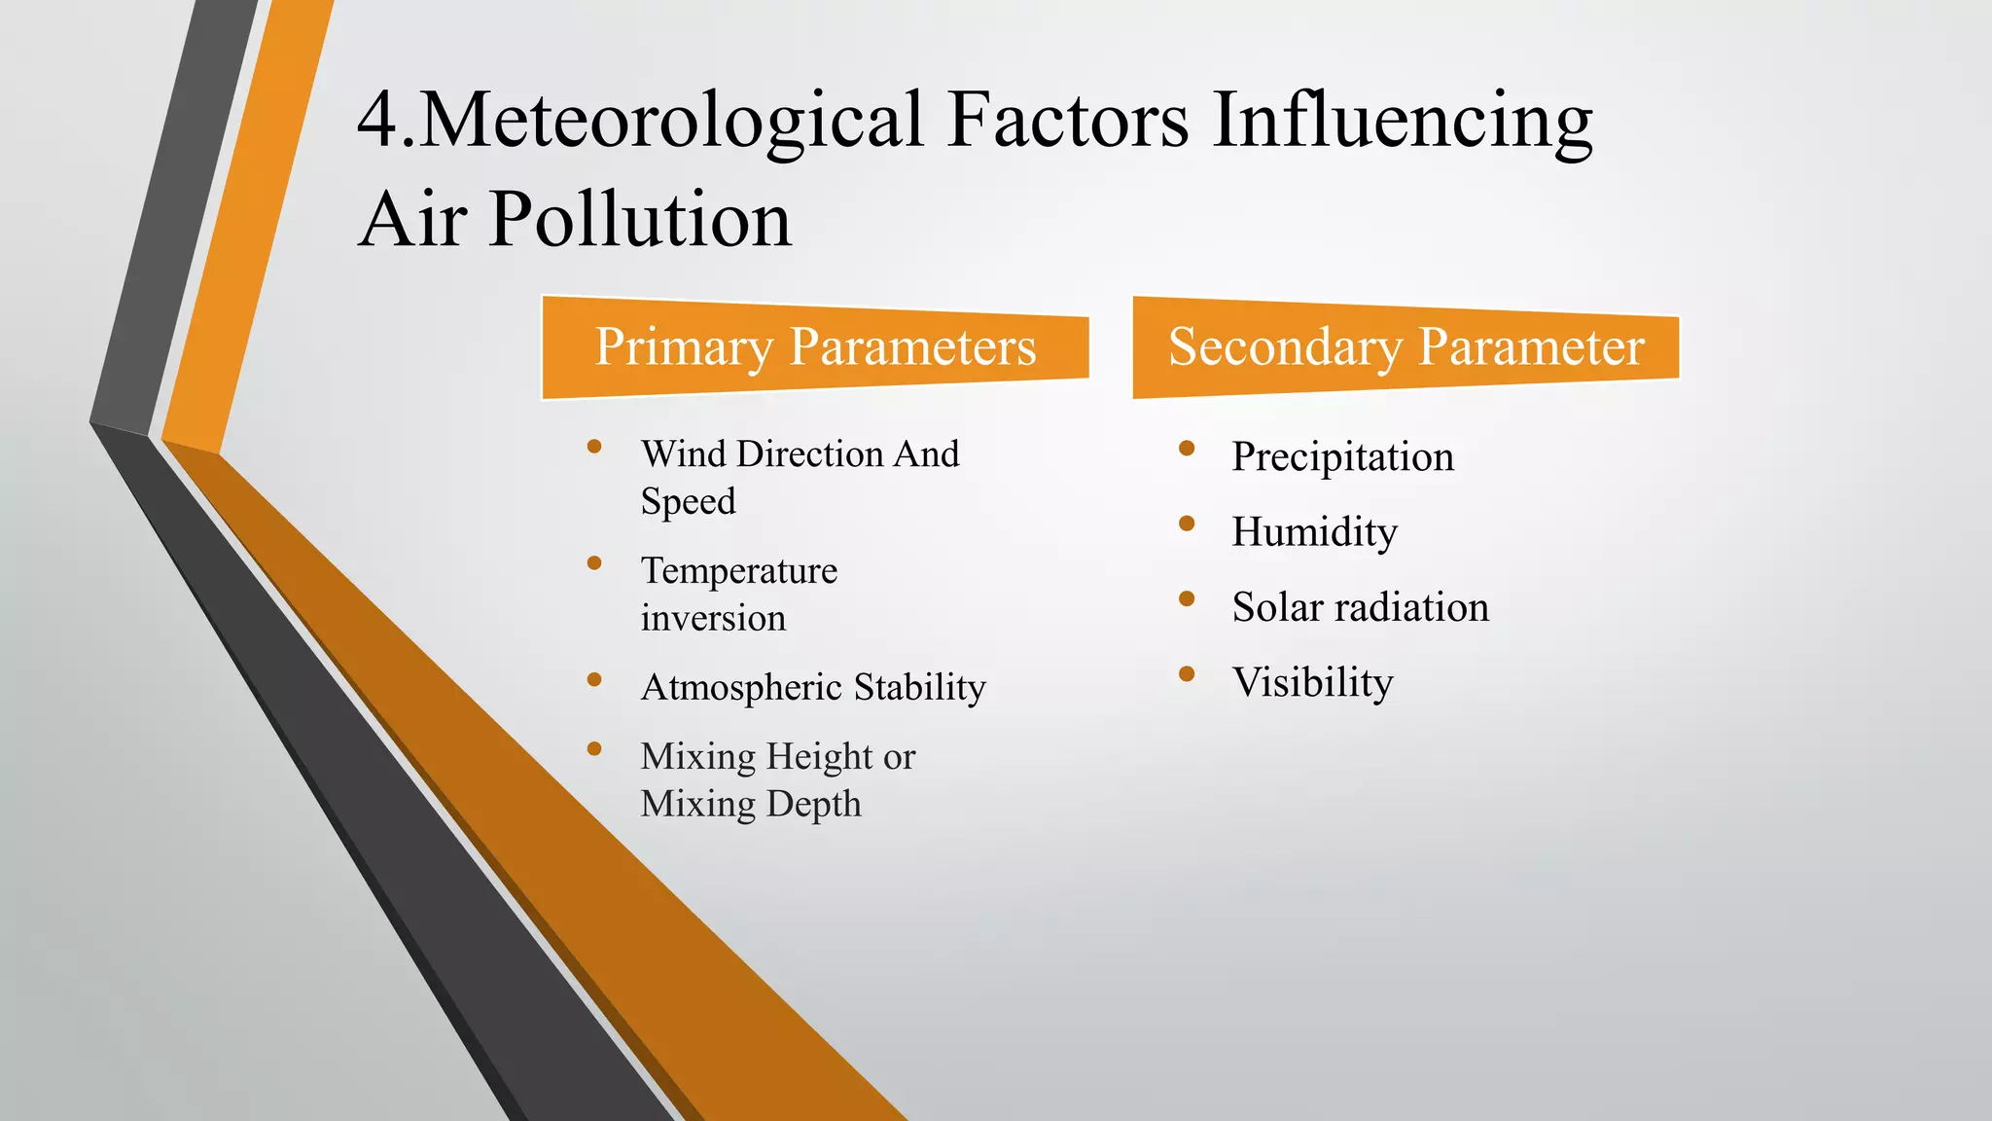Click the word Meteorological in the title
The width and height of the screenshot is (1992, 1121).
(671, 121)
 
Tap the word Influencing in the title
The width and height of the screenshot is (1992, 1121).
(1402, 121)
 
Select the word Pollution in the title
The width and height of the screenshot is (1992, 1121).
(640, 220)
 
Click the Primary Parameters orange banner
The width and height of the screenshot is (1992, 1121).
(815, 347)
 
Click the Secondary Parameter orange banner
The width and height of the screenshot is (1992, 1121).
(1405, 347)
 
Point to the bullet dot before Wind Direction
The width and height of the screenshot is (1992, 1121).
(594, 448)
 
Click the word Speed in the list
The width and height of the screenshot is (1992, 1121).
(688, 502)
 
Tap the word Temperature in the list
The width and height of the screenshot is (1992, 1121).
(738, 571)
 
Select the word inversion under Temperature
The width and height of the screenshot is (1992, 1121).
(713, 619)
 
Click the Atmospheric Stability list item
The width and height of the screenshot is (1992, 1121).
(813, 688)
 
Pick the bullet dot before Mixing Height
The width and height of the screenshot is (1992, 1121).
(594, 749)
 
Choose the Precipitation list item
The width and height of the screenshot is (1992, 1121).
(1342, 457)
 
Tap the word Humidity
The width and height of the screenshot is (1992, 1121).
(1314, 532)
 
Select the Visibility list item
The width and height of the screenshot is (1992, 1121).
(1312, 683)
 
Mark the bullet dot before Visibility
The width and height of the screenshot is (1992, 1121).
(1186, 673)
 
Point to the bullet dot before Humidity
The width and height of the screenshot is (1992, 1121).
(1186, 524)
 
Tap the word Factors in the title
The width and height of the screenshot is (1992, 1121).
(1067, 121)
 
